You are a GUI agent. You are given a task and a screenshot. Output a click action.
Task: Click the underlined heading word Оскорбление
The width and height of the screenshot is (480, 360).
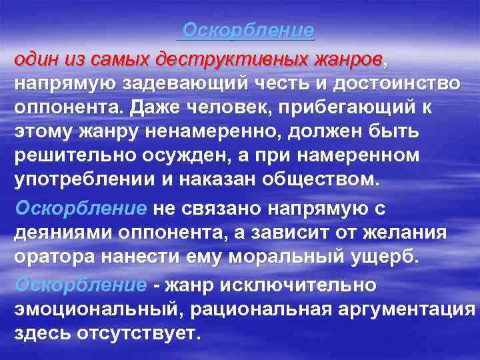(x=248, y=31)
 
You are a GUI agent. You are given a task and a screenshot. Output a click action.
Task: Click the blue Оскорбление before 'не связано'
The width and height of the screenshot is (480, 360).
(x=81, y=209)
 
